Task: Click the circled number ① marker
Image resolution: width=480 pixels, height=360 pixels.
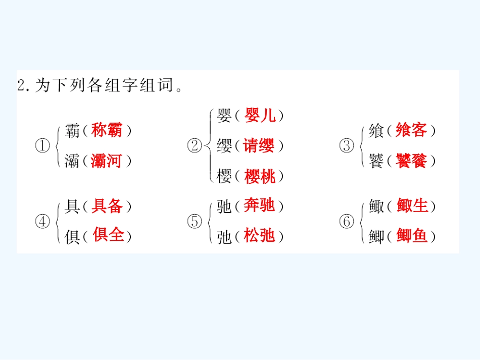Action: pos(42,145)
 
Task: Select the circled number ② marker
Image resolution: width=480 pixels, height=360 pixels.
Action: pos(195,145)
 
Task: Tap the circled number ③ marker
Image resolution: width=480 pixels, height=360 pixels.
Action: pos(347,145)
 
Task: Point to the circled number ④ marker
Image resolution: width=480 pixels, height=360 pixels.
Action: pos(42,222)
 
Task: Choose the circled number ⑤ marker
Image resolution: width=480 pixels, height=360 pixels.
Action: pos(195,222)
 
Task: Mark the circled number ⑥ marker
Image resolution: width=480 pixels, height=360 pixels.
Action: pos(347,222)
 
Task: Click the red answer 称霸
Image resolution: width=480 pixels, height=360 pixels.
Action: pos(107,130)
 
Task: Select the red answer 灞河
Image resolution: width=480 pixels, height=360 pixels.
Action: pos(107,161)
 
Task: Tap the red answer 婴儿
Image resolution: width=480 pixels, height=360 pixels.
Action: pos(260,115)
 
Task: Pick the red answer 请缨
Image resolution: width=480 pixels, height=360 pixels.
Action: pos(259,145)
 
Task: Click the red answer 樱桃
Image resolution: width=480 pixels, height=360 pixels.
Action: pos(260,176)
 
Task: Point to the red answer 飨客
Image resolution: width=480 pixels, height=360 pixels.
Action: pos(411,130)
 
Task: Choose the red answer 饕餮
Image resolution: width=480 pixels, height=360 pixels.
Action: pos(411,161)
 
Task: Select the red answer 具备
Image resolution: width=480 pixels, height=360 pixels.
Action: pos(107,205)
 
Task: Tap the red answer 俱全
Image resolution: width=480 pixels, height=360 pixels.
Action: pos(108,234)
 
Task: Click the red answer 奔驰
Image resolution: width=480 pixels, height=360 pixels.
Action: pos(259,205)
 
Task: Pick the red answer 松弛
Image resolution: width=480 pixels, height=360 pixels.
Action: pos(259,235)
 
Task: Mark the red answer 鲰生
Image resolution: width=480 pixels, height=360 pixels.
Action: pos(412,205)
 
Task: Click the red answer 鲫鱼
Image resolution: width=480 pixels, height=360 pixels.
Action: pos(412,235)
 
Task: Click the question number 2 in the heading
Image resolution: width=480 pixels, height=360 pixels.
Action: pos(21,85)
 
